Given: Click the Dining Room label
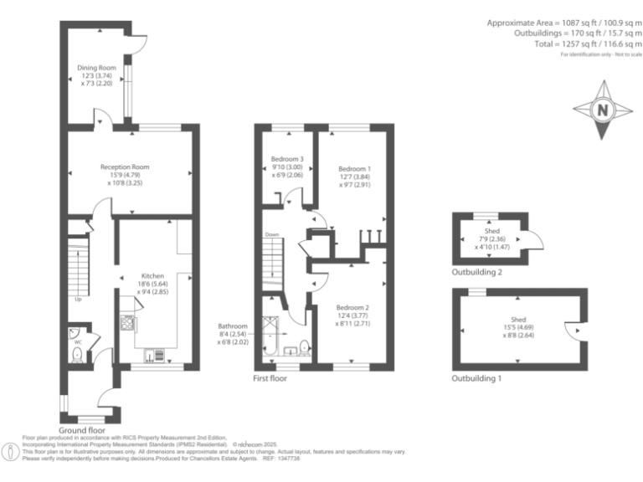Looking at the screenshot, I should [x=96, y=67].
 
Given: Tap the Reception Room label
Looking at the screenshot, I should [x=131, y=167].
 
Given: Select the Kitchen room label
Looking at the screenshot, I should [x=152, y=275].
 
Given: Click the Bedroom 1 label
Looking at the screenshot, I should [x=354, y=168].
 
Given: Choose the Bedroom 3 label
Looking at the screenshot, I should [x=286, y=159].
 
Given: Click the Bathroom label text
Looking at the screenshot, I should [x=234, y=326].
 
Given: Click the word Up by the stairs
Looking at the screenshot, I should [x=79, y=299].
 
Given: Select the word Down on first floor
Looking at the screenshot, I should [x=271, y=235].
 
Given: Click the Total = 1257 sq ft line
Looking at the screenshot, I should [x=587, y=44].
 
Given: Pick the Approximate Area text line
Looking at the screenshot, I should [x=564, y=23].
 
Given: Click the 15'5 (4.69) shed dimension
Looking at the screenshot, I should [x=519, y=326].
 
